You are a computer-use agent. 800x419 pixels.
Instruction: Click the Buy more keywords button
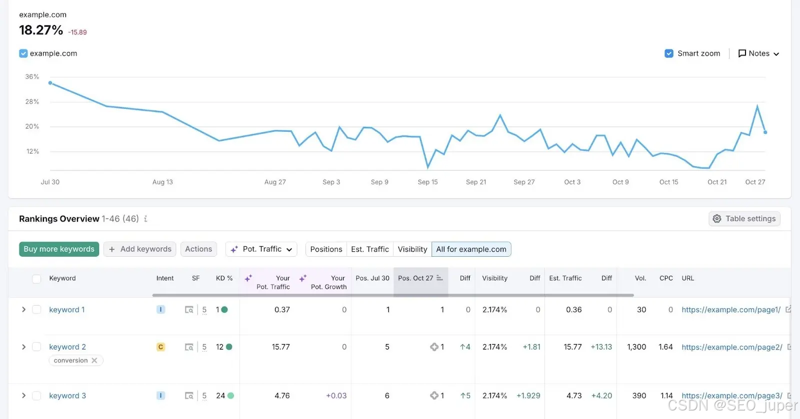[59, 249]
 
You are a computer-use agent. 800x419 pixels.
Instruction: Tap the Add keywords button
[139, 249]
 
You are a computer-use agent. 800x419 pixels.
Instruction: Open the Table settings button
[744, 219]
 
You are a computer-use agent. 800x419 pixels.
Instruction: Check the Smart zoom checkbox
[669, 53]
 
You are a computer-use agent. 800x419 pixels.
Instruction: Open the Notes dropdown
[758, 53]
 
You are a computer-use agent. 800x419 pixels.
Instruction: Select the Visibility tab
[412, 249]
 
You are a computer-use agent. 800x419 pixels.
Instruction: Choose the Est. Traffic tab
[369, 249]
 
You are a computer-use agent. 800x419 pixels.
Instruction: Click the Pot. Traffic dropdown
[261, 249]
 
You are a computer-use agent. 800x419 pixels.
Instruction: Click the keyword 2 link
[67, 347]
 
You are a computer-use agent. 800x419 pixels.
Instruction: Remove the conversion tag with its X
[94, 360]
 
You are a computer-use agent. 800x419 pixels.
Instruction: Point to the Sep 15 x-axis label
[427, 182]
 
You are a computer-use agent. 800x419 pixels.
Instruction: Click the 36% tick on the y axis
[32, 77]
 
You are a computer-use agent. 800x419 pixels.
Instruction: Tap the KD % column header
[224, 278]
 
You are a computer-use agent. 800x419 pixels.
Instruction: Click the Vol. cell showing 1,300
[636, 347]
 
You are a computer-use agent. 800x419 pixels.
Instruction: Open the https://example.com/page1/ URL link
[731, 310]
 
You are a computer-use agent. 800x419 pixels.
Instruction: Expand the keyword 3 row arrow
[23, 396]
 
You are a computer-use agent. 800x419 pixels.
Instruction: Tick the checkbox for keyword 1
[36, 309]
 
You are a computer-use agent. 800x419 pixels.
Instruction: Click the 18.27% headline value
[41, 30]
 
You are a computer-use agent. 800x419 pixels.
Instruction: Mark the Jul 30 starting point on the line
[50, 83]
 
